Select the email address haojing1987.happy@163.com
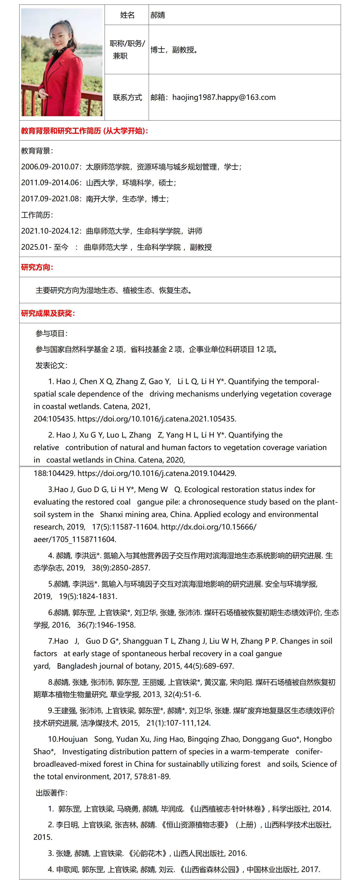[224, 97]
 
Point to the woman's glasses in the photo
[59, 35]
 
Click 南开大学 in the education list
[100, 199]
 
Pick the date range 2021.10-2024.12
[50, 231]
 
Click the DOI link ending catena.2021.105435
[156, 419]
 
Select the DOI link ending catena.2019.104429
[156, 473]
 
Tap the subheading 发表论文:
[52, 365]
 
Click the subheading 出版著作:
[52, 793]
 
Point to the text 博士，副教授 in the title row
[174, 50]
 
